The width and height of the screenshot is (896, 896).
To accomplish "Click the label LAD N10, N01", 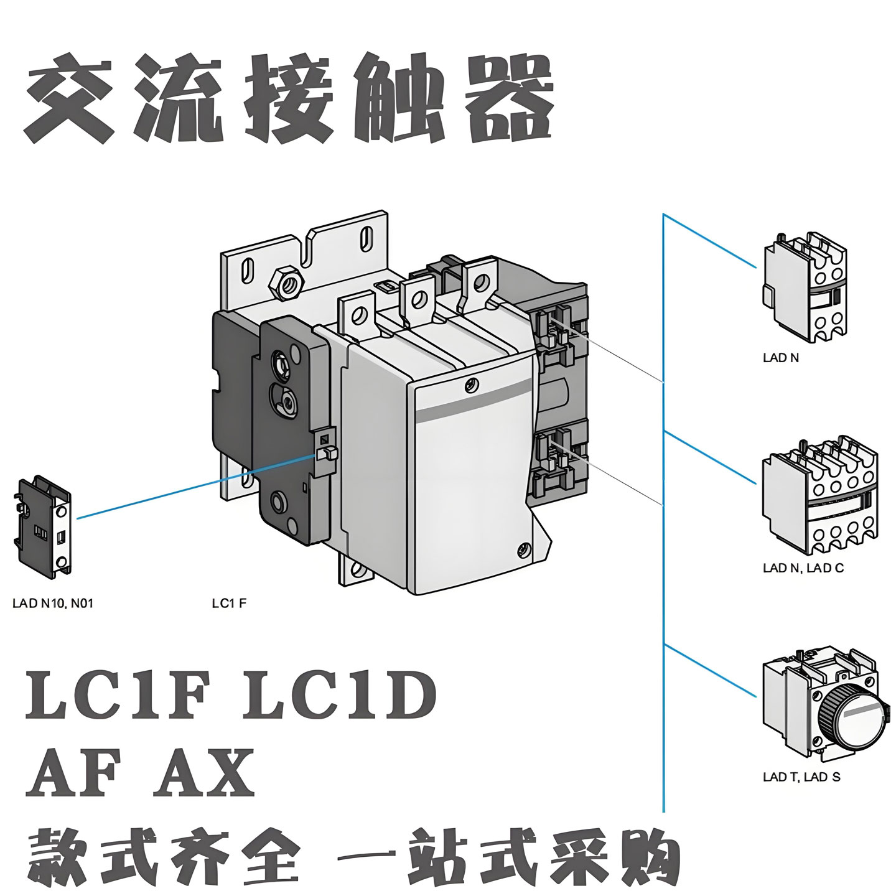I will click(53, 603).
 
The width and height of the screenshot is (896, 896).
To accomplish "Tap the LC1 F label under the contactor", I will click(229, 603).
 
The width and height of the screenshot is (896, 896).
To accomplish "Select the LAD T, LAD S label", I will click(801, 777).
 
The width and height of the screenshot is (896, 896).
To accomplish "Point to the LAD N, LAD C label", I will click(803, 568).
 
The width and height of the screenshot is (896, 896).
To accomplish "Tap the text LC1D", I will click(338, 696).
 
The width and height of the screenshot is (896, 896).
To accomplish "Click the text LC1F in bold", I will click(115, 696).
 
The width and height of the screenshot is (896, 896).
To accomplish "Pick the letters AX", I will click(205, 773).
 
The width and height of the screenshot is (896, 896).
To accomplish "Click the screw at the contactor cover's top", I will click(472, 385).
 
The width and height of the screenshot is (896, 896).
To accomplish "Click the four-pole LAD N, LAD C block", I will click(820, 495).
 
